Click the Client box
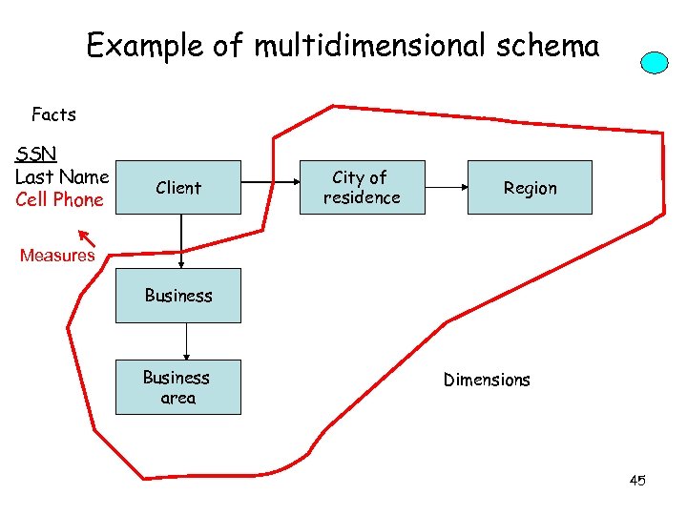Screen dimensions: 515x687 coord(178,188)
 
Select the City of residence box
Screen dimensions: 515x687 coord(362,188)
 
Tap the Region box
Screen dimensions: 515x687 coord(530,188)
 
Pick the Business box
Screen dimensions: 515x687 coord(178,296)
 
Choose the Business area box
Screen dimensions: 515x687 coord(178,387)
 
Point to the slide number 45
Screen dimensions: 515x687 coord(637,481)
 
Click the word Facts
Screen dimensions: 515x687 coord(53,115)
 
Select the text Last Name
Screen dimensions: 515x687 coord(62,176)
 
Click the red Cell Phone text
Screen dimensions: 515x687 coord(59,199)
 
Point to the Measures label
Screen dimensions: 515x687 coord(57,255)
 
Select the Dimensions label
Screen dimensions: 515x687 coord(487,380)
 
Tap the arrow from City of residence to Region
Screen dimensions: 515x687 coord(446,187)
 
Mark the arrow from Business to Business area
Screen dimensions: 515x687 coord(186,341)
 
